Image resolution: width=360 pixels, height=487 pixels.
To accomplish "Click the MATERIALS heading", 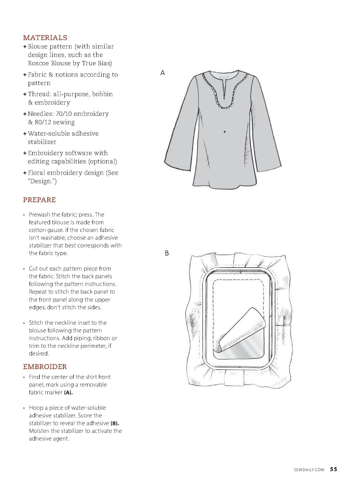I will pos(45,38).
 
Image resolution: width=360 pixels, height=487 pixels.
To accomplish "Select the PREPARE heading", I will pos(39,200).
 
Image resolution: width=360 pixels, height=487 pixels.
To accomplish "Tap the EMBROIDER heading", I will pos(45,367).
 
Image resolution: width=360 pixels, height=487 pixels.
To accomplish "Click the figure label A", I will pos(162,73).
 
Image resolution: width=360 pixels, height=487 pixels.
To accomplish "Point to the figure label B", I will pos(167,253).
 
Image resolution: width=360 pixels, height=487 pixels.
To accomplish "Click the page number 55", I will pos(333,469).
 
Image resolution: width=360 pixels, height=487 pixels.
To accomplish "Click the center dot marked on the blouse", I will pos(225,132).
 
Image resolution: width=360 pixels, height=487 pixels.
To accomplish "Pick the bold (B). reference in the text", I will pos(114,424).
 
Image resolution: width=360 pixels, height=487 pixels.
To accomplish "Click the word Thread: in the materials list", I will pos(40,94).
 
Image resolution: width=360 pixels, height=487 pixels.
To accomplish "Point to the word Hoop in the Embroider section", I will pos(36,408).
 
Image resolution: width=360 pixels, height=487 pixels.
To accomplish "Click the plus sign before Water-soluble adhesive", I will pos(25,134).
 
